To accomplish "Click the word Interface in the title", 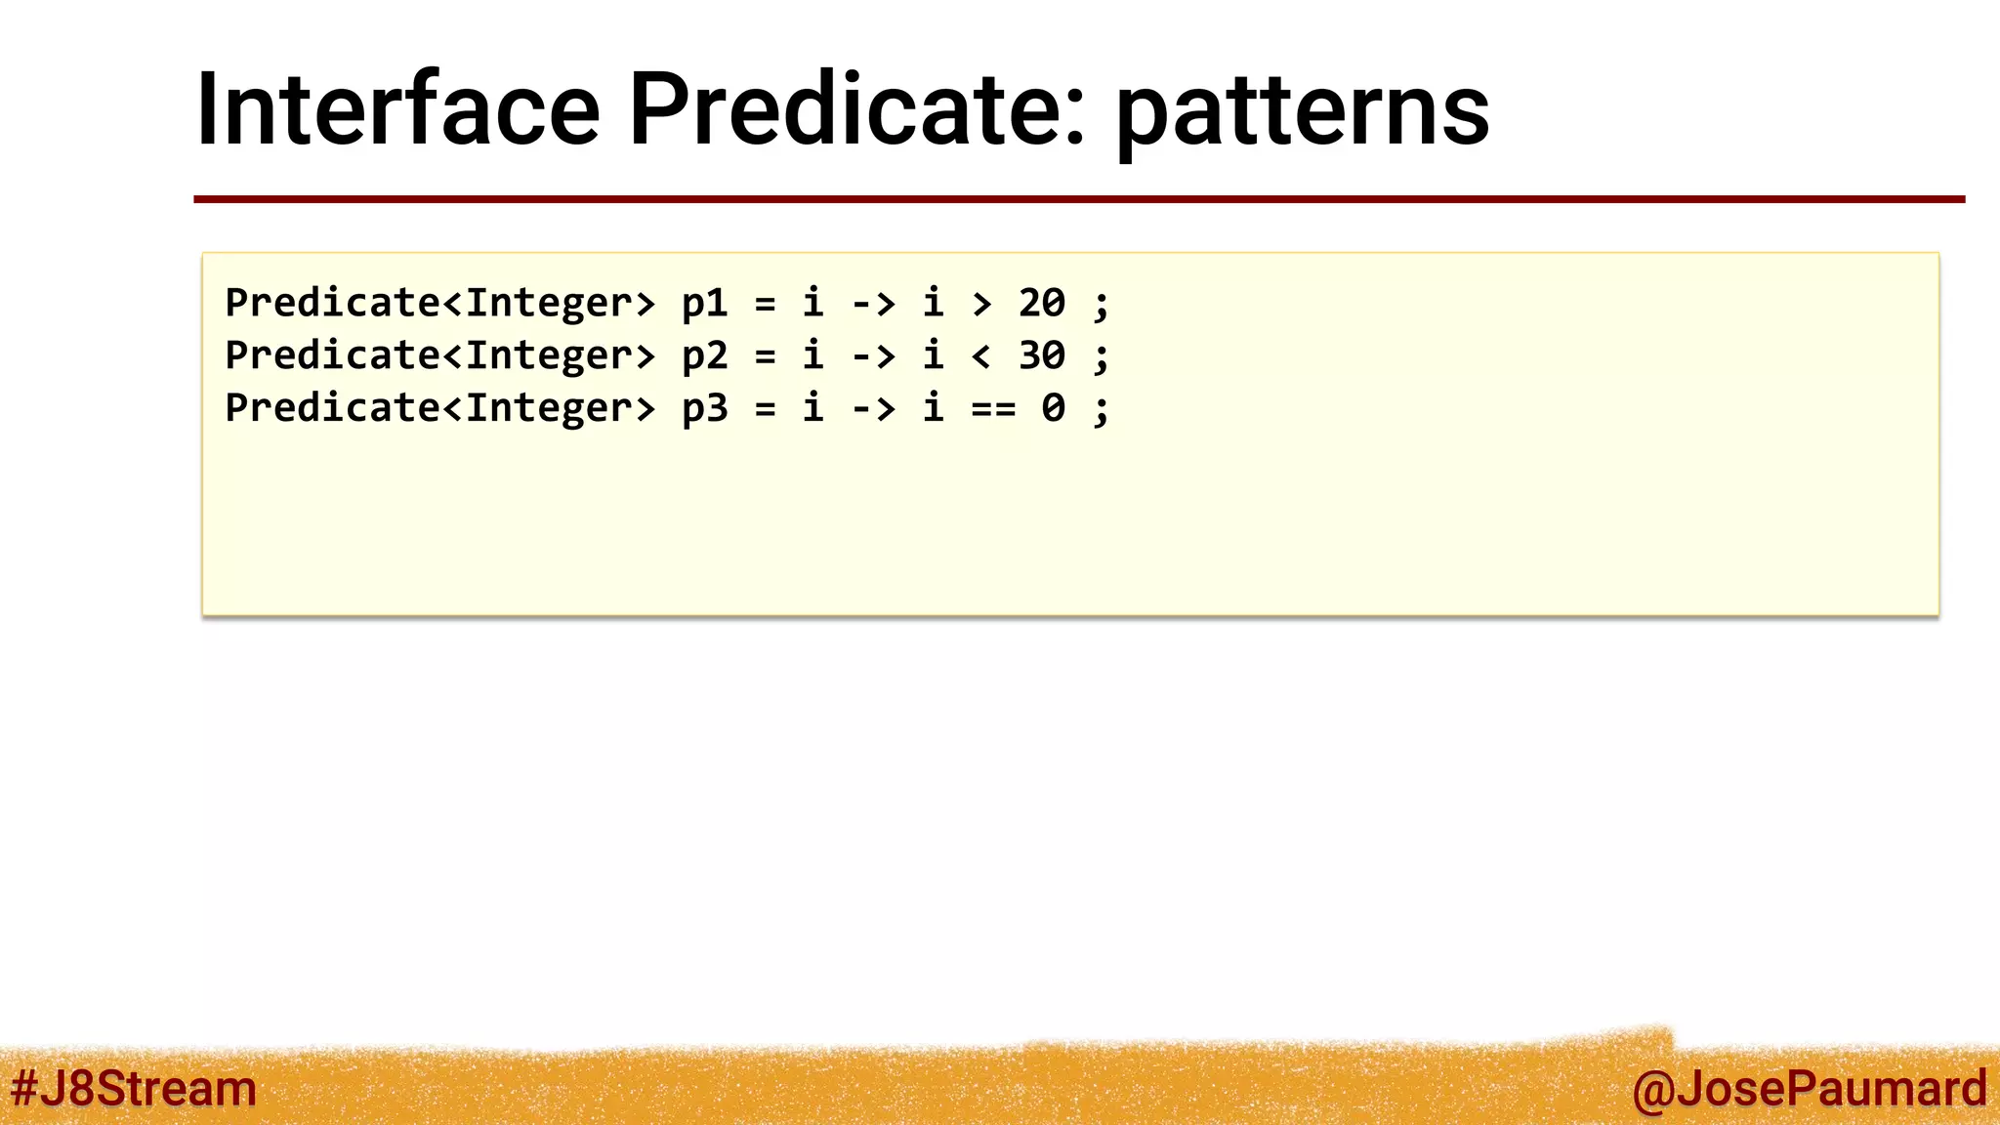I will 396,109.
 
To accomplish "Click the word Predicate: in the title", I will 856,109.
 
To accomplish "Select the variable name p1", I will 704,304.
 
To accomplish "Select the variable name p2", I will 704,356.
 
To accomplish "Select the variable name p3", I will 704,409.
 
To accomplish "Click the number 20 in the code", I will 1041,304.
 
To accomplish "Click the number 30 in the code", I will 1041,356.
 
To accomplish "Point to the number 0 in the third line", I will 1053,409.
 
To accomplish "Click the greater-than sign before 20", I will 981,305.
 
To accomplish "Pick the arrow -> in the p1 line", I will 873,305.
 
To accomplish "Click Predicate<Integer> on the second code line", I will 439,356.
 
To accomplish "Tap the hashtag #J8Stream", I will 134,1088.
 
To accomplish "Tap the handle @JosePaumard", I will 1809,1088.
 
